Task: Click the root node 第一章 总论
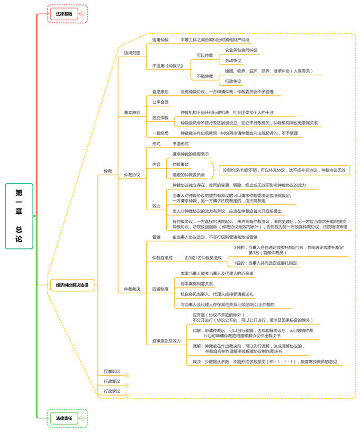pos(19,216)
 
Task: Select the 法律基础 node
pos(64,14)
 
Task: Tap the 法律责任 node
pos(64,418)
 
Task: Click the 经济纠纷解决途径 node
pos(72,285)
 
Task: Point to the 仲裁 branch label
pos(108,171)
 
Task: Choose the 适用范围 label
pos(132,53)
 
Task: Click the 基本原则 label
pos(132,112)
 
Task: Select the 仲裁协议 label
pos(132,175)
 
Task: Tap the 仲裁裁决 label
pos(132,289)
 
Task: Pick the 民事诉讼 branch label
pos(112,372)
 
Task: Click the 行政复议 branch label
pos(112,381)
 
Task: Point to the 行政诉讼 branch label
pos(112,391)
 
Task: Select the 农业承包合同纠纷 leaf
pos(241,50)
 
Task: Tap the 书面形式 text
pos(180,144)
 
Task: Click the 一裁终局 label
pos(160,133)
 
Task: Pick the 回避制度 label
pos(160,289)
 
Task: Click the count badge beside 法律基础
pos(82,14)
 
